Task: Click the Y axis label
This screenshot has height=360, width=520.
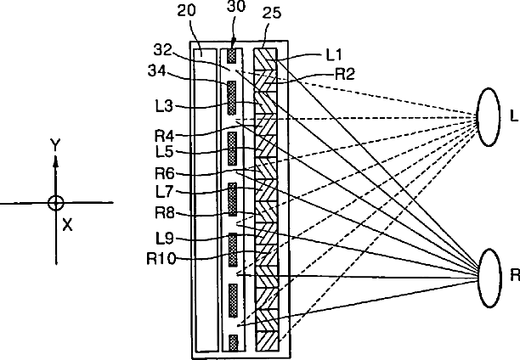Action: click(x=54, y=146)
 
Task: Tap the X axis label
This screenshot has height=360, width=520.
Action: click(x=67, y=224)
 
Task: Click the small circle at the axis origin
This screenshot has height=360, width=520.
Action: click(x=55, y=203)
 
